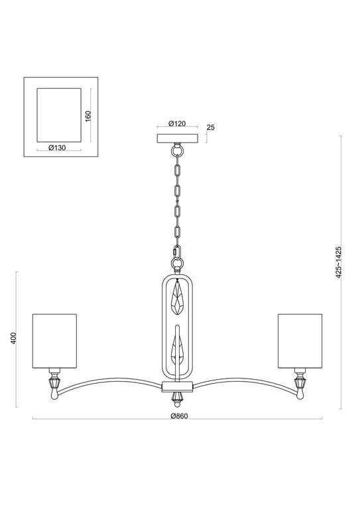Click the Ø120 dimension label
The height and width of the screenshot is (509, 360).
pyautogui.click(x=177, y=123)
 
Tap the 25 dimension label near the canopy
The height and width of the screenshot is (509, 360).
pyautogui.click(x=211, y=127)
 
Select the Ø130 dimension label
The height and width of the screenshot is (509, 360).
pyautogui.click(x=57, y=148)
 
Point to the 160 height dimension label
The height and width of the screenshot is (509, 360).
pyautogui.click(x=88, y=116)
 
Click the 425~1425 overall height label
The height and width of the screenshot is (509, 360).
pyautogui.click(x=339, y=262)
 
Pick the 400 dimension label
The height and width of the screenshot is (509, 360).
pyautogui.click(x=13, y=339)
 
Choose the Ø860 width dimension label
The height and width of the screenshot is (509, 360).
pyautogui.click(x=179, y=416)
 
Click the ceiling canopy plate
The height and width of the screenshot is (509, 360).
pyautogui.click(x=177, y=139)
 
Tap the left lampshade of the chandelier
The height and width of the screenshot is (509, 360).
pyautogui.click(x=54, y=341)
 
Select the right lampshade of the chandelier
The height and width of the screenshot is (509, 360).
pyautogui.click(x=300, y=341)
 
